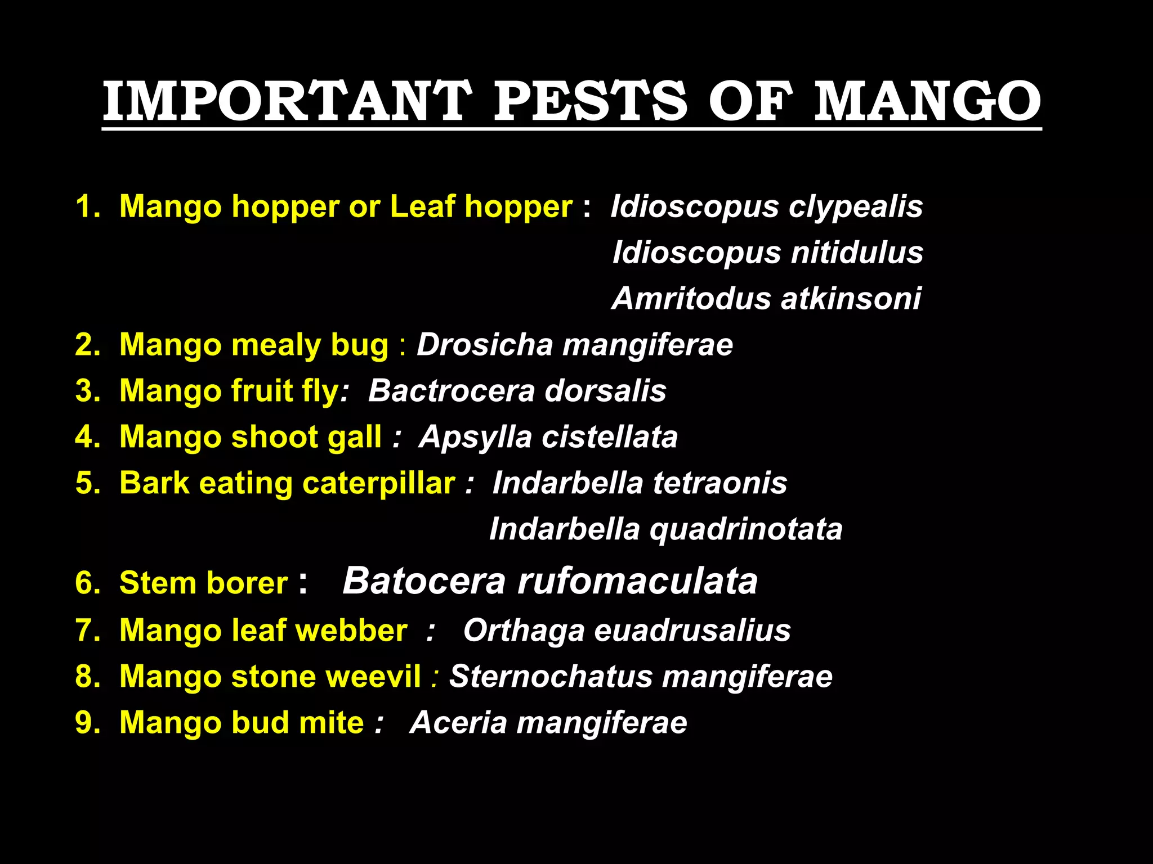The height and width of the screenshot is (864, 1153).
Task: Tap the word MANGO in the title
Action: pyautogui.click(x=928, y=101)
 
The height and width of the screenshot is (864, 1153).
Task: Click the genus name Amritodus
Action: pyautogui.click(x=691, y=298)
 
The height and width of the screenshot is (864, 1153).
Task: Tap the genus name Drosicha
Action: pyautogui.click(x=485, y=344)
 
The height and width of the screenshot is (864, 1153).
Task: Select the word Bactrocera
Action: pyautogui.click(x=451, y=390)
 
